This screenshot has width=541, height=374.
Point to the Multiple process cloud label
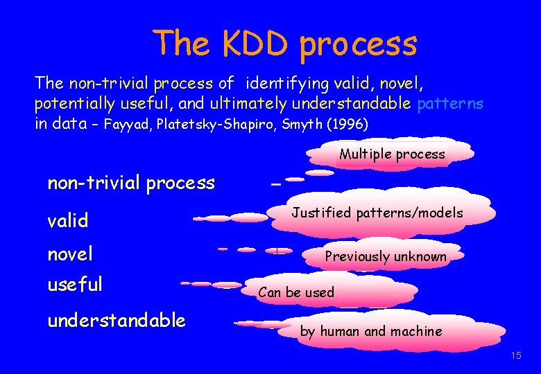pos(392,154)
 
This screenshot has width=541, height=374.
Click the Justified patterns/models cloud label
pos(377,213)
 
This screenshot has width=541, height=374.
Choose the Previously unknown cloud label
pos(386,256)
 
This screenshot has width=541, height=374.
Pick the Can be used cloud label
pos(296,292)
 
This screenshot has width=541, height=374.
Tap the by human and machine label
pos(370,331)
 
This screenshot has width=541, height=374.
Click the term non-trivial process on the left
pos(131,183)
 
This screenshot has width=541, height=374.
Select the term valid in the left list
pos(68,222)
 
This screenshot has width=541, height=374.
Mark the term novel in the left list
pos(70,254)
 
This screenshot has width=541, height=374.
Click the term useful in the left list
pos(75,284)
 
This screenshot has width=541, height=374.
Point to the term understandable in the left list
pos(117,320)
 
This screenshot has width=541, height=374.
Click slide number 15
pos(515,355)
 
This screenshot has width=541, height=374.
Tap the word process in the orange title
pos(359,44)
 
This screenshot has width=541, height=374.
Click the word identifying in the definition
pos(288,84)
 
